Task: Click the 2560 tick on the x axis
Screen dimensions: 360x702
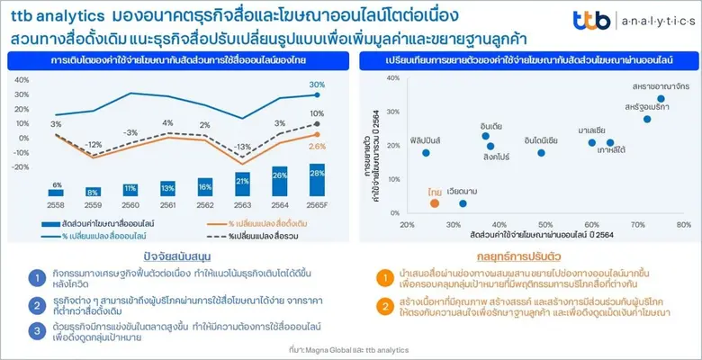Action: [x=130, y=205]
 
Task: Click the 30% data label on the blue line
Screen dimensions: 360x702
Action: [x=317, y=85]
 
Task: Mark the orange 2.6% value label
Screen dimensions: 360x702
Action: [x=317, y=147]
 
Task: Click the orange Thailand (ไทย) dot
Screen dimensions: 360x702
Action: [x=435, y=203]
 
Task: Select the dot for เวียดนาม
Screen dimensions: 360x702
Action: [x=463, y=203]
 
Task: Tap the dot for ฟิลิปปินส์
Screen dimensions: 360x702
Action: [x=426, y=153]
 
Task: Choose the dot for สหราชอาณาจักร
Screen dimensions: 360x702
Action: [x=661, y=99]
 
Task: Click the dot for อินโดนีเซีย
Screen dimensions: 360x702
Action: [x=541, y=153]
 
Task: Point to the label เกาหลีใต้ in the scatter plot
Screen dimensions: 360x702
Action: [x=617, y=152]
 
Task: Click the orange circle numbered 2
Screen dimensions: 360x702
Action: [x=384, y=307]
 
